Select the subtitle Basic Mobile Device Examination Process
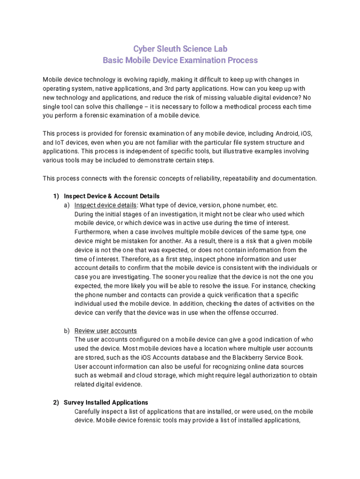pyautogui.click(x=180, y=60)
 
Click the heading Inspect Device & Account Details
pyautogui.click(x=112, y=196)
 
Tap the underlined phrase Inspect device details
pyautogui.click(x=106, y=205)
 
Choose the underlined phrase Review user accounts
pyautogui.click(x=106, y=331)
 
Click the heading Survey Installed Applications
pyautogui.click(x=106, y=402)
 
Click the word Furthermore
pyautogui.click(x=93, y=232)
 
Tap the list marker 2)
pyautogui.click(x=56, y=402)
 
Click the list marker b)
pyautogui.click(x=67, y=331)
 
